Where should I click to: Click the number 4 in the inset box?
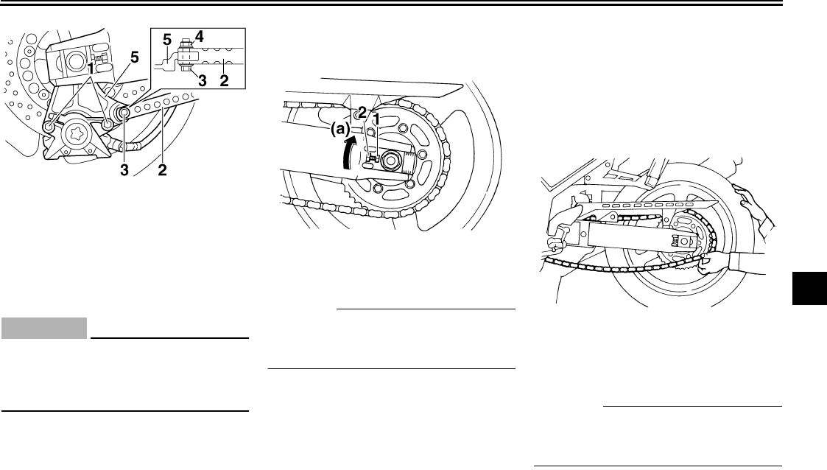[x=199, y=37]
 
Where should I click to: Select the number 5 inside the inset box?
[x=166, y=40]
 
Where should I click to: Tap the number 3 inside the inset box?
[x=202, y=81]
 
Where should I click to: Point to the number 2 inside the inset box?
[x=224, y=81]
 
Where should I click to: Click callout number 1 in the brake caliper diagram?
[x=91, y=69]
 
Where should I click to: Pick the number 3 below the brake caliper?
[x=124, y=170]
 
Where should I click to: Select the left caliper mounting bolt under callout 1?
[x=49, y=127]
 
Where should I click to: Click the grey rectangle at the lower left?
[x=44, y=328]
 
